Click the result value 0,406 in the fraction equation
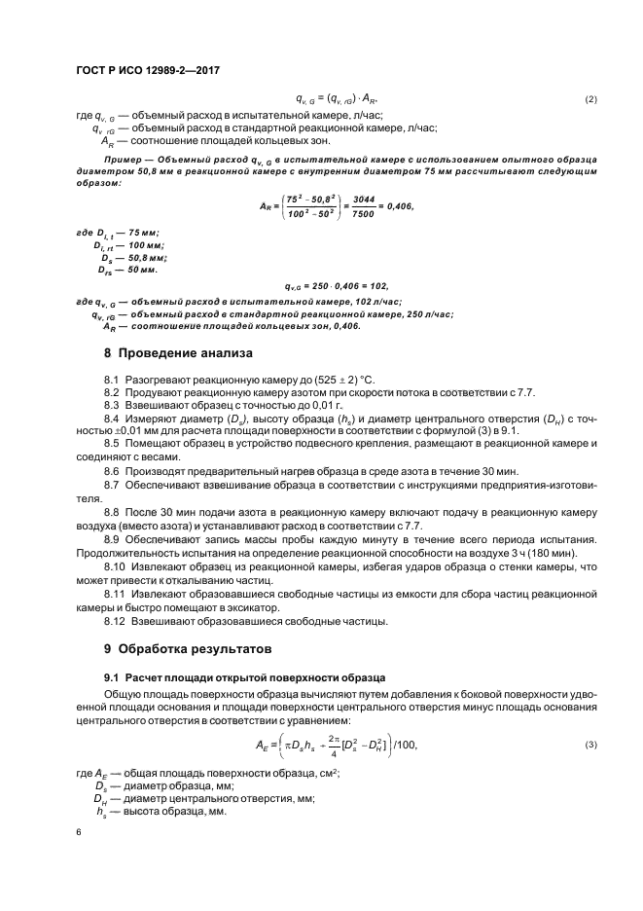pyautogui.click(x=398, y=206)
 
